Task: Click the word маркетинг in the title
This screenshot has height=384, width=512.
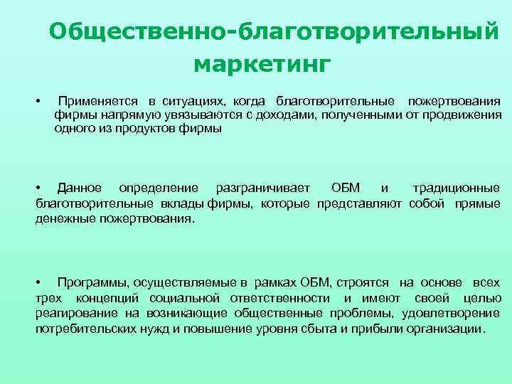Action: click(x=262, y=65)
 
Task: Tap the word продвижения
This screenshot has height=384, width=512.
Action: click(x=465, y=116)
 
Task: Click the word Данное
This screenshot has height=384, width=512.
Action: click(x=80, y=188)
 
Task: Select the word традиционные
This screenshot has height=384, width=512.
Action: click(x=456, y=188)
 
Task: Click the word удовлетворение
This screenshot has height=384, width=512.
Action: click(x=452, y=313)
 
